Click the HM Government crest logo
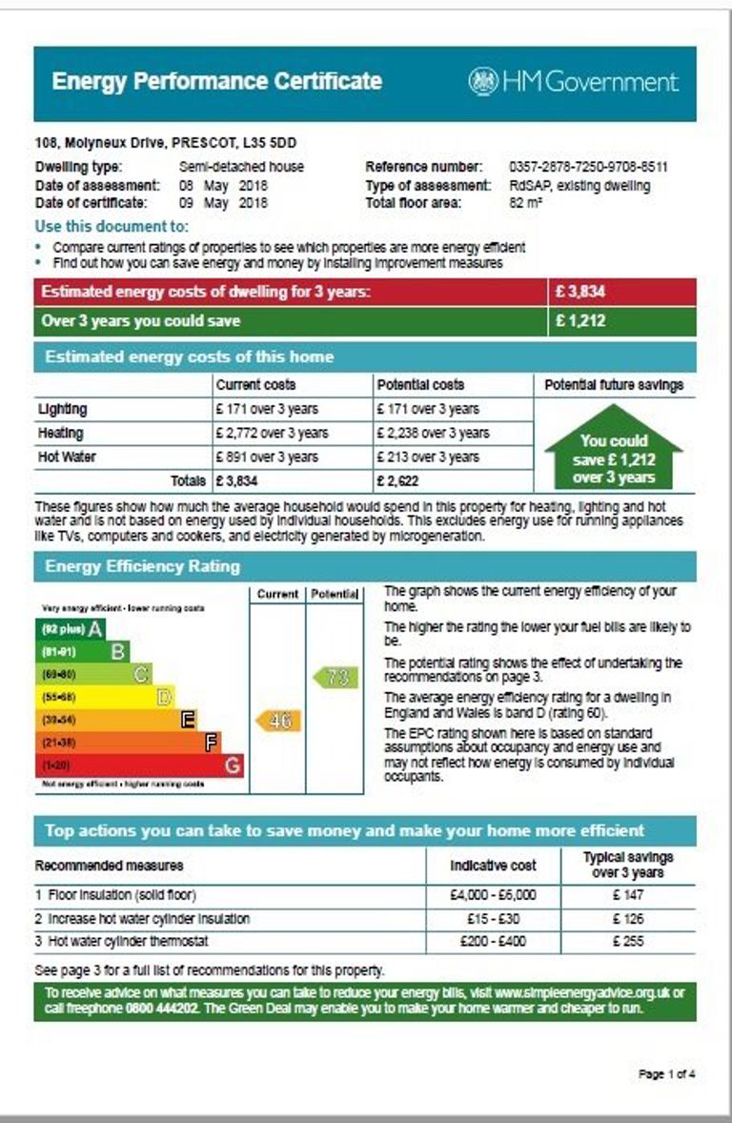483,82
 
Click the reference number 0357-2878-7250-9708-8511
588,167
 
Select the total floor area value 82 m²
524,203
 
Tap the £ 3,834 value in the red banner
580,292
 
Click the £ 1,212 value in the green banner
580,321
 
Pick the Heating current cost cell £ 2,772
272,433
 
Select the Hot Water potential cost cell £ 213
428,457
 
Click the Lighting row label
62,409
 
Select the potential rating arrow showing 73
335,678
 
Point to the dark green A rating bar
70,629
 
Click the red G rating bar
139,766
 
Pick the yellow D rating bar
105,698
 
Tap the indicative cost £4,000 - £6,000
493,895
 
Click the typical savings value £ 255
628,941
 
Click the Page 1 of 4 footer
666,1074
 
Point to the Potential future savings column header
614,385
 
